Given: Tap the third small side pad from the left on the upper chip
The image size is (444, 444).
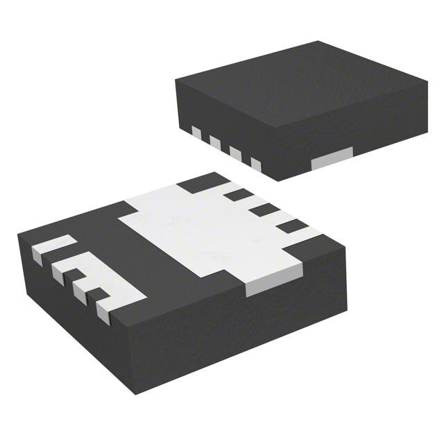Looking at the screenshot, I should tap(235, 153).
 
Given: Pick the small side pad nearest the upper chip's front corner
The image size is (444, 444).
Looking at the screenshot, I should tap(255, 164).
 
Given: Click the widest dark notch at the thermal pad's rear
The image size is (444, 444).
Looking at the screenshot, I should tap(197, 185).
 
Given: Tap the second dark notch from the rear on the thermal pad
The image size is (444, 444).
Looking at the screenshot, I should tap(240, 197).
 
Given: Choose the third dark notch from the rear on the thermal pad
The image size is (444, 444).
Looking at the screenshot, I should tap(264, 210).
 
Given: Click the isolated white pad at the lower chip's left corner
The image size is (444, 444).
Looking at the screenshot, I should tap(53, 247).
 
